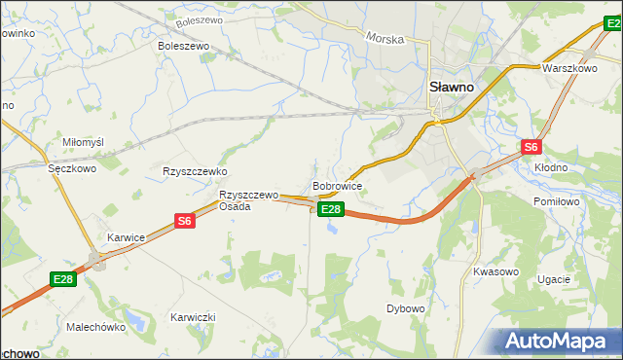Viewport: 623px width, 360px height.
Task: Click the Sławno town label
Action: coord(452,87)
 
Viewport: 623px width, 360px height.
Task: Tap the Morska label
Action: coord(385,38)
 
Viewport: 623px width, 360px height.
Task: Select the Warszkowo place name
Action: coord(569,69)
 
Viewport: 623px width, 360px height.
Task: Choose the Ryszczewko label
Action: coord(195,171)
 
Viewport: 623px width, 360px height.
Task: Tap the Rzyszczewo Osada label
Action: coord(248,200)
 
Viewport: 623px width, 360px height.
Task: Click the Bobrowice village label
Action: coord(338,185)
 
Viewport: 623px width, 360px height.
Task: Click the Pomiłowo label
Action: coord(558,201)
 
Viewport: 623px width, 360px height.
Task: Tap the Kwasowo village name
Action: coord(495,271)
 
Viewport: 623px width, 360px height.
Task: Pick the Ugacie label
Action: coord(553,279)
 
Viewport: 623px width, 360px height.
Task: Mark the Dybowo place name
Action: coord(406,308)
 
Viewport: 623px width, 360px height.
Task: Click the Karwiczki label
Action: coord(193,318)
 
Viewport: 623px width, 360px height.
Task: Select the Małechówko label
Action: coord(96,328)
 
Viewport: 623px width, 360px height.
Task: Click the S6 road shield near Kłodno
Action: coord(530,147)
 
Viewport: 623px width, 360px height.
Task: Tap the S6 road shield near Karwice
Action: coord(185,222)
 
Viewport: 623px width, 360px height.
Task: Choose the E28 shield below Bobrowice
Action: coord(331,209)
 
